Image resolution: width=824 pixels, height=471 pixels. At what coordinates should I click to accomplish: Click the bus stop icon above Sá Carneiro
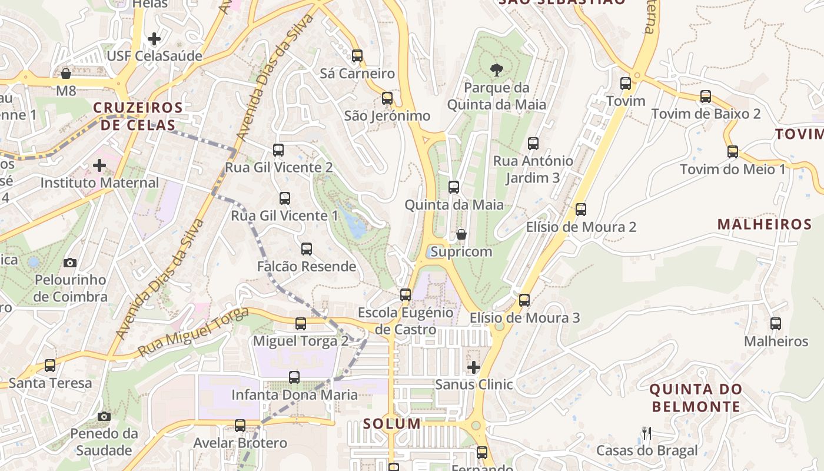[x=357, y=56]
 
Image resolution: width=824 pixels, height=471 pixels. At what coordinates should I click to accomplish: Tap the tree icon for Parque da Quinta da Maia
[x=497, y=70]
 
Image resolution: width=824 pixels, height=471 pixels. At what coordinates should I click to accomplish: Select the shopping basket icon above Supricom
[x=462, y=234]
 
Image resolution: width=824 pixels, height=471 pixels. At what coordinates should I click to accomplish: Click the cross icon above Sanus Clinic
[x=474, y=368]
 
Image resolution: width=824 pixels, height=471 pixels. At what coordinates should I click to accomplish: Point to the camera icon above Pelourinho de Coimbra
[x=70, y=263]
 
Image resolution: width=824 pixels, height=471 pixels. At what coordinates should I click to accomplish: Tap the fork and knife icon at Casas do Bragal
[x=647, y=434]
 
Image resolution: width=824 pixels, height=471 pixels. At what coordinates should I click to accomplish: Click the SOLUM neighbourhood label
[x=392, y=423]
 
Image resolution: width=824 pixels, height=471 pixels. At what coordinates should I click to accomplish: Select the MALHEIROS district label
[x=765, y=224]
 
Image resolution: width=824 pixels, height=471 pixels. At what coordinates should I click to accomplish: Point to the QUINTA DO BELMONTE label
[x=696, y=398]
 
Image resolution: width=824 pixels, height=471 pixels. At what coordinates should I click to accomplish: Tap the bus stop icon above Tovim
[x=626, y=84]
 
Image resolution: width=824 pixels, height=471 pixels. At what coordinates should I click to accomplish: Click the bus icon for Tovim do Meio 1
[x=733, y=152]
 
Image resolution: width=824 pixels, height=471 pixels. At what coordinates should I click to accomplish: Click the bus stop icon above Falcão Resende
[x=307, y=249]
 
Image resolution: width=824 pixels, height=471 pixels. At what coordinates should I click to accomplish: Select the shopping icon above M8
[x=66, y=74]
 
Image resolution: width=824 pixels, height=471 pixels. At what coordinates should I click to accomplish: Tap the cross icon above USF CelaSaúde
[x=154, y=39]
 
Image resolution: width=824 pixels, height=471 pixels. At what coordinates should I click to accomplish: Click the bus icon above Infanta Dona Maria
[x=294, y=377]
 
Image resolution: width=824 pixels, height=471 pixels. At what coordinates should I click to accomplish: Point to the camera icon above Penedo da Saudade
[x=104, y=417]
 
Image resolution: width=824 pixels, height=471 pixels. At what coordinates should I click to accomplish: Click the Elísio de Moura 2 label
[x=581, y=227]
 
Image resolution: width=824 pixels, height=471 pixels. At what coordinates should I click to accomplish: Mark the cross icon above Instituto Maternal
[x=99, y=165]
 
